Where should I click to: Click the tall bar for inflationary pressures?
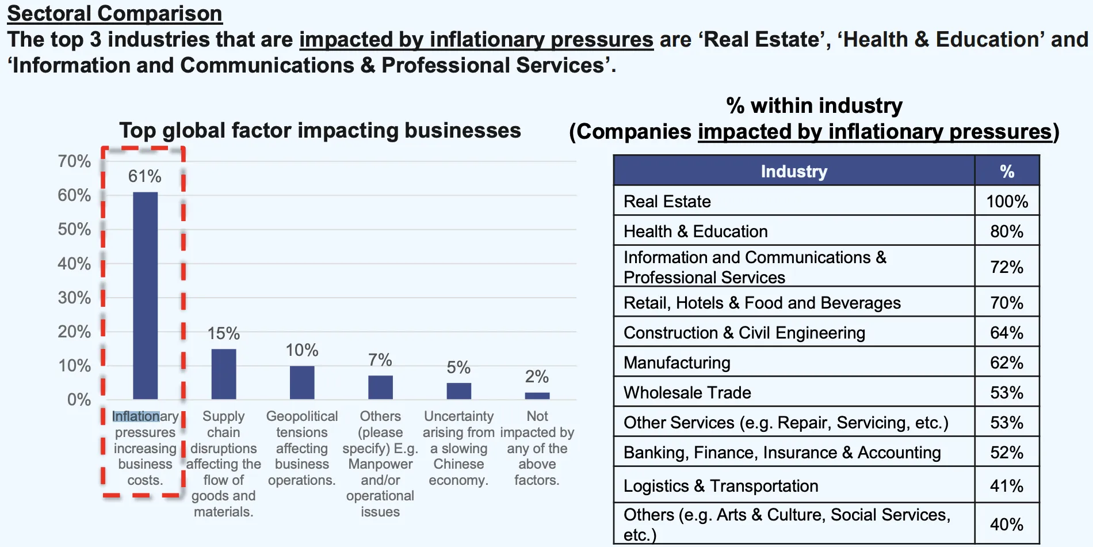145,295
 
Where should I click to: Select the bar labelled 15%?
224,374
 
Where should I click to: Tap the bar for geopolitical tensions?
302,382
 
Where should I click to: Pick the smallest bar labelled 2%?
537,396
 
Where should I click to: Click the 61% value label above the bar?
144,176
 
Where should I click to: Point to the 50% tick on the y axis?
74,229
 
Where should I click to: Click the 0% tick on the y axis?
79,400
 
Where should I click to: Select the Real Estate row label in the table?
667,202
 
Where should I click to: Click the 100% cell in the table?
1007,202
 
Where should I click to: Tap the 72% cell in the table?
1007,267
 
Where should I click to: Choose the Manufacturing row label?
677,363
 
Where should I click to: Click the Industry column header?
794,171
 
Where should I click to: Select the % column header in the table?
1007,171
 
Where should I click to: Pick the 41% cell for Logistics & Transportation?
1007,486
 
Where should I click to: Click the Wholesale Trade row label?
687,393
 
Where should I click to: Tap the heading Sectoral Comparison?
114,13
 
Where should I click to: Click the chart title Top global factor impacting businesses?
320,131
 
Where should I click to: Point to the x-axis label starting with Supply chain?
223,464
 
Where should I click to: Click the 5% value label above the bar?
458,367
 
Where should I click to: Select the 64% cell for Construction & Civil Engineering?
1007,333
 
